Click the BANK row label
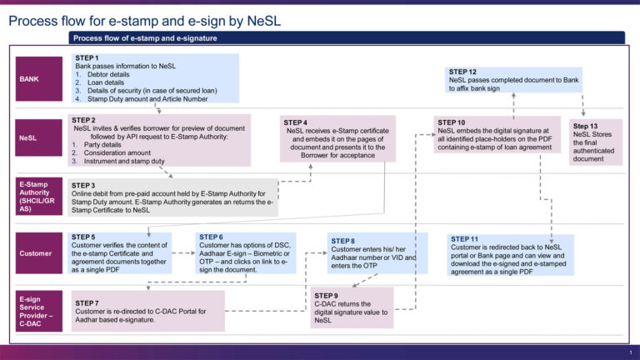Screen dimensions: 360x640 39,78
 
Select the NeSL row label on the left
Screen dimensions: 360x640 39,138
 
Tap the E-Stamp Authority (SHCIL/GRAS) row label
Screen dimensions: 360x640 39,197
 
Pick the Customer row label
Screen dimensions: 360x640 39,253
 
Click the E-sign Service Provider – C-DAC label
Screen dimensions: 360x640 39,311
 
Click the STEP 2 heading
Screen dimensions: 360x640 83,120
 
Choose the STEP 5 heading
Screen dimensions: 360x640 83,237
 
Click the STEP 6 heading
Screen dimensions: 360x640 211,237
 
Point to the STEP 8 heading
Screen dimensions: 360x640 343,241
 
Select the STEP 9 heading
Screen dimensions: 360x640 326,296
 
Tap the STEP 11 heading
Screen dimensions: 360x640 464,239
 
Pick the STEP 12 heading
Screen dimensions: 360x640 462,72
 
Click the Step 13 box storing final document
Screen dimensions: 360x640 593,142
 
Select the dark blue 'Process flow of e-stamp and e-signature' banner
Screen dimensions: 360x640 346,37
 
